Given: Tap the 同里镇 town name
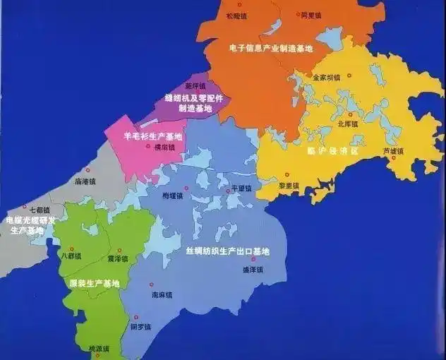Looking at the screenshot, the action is pos(311,14).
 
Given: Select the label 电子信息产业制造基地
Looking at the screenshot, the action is pos(271,49).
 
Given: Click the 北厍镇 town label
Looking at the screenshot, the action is pos(348,124).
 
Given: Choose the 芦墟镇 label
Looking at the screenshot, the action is pos(393,150).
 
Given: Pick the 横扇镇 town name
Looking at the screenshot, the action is pos(163,148).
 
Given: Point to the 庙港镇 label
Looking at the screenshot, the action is pos(84,181).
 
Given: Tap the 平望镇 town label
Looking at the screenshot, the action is pos(241,188).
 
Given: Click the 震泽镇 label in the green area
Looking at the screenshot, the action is pos(118,258).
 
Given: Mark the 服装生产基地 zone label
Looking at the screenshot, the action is pos(94,283).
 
